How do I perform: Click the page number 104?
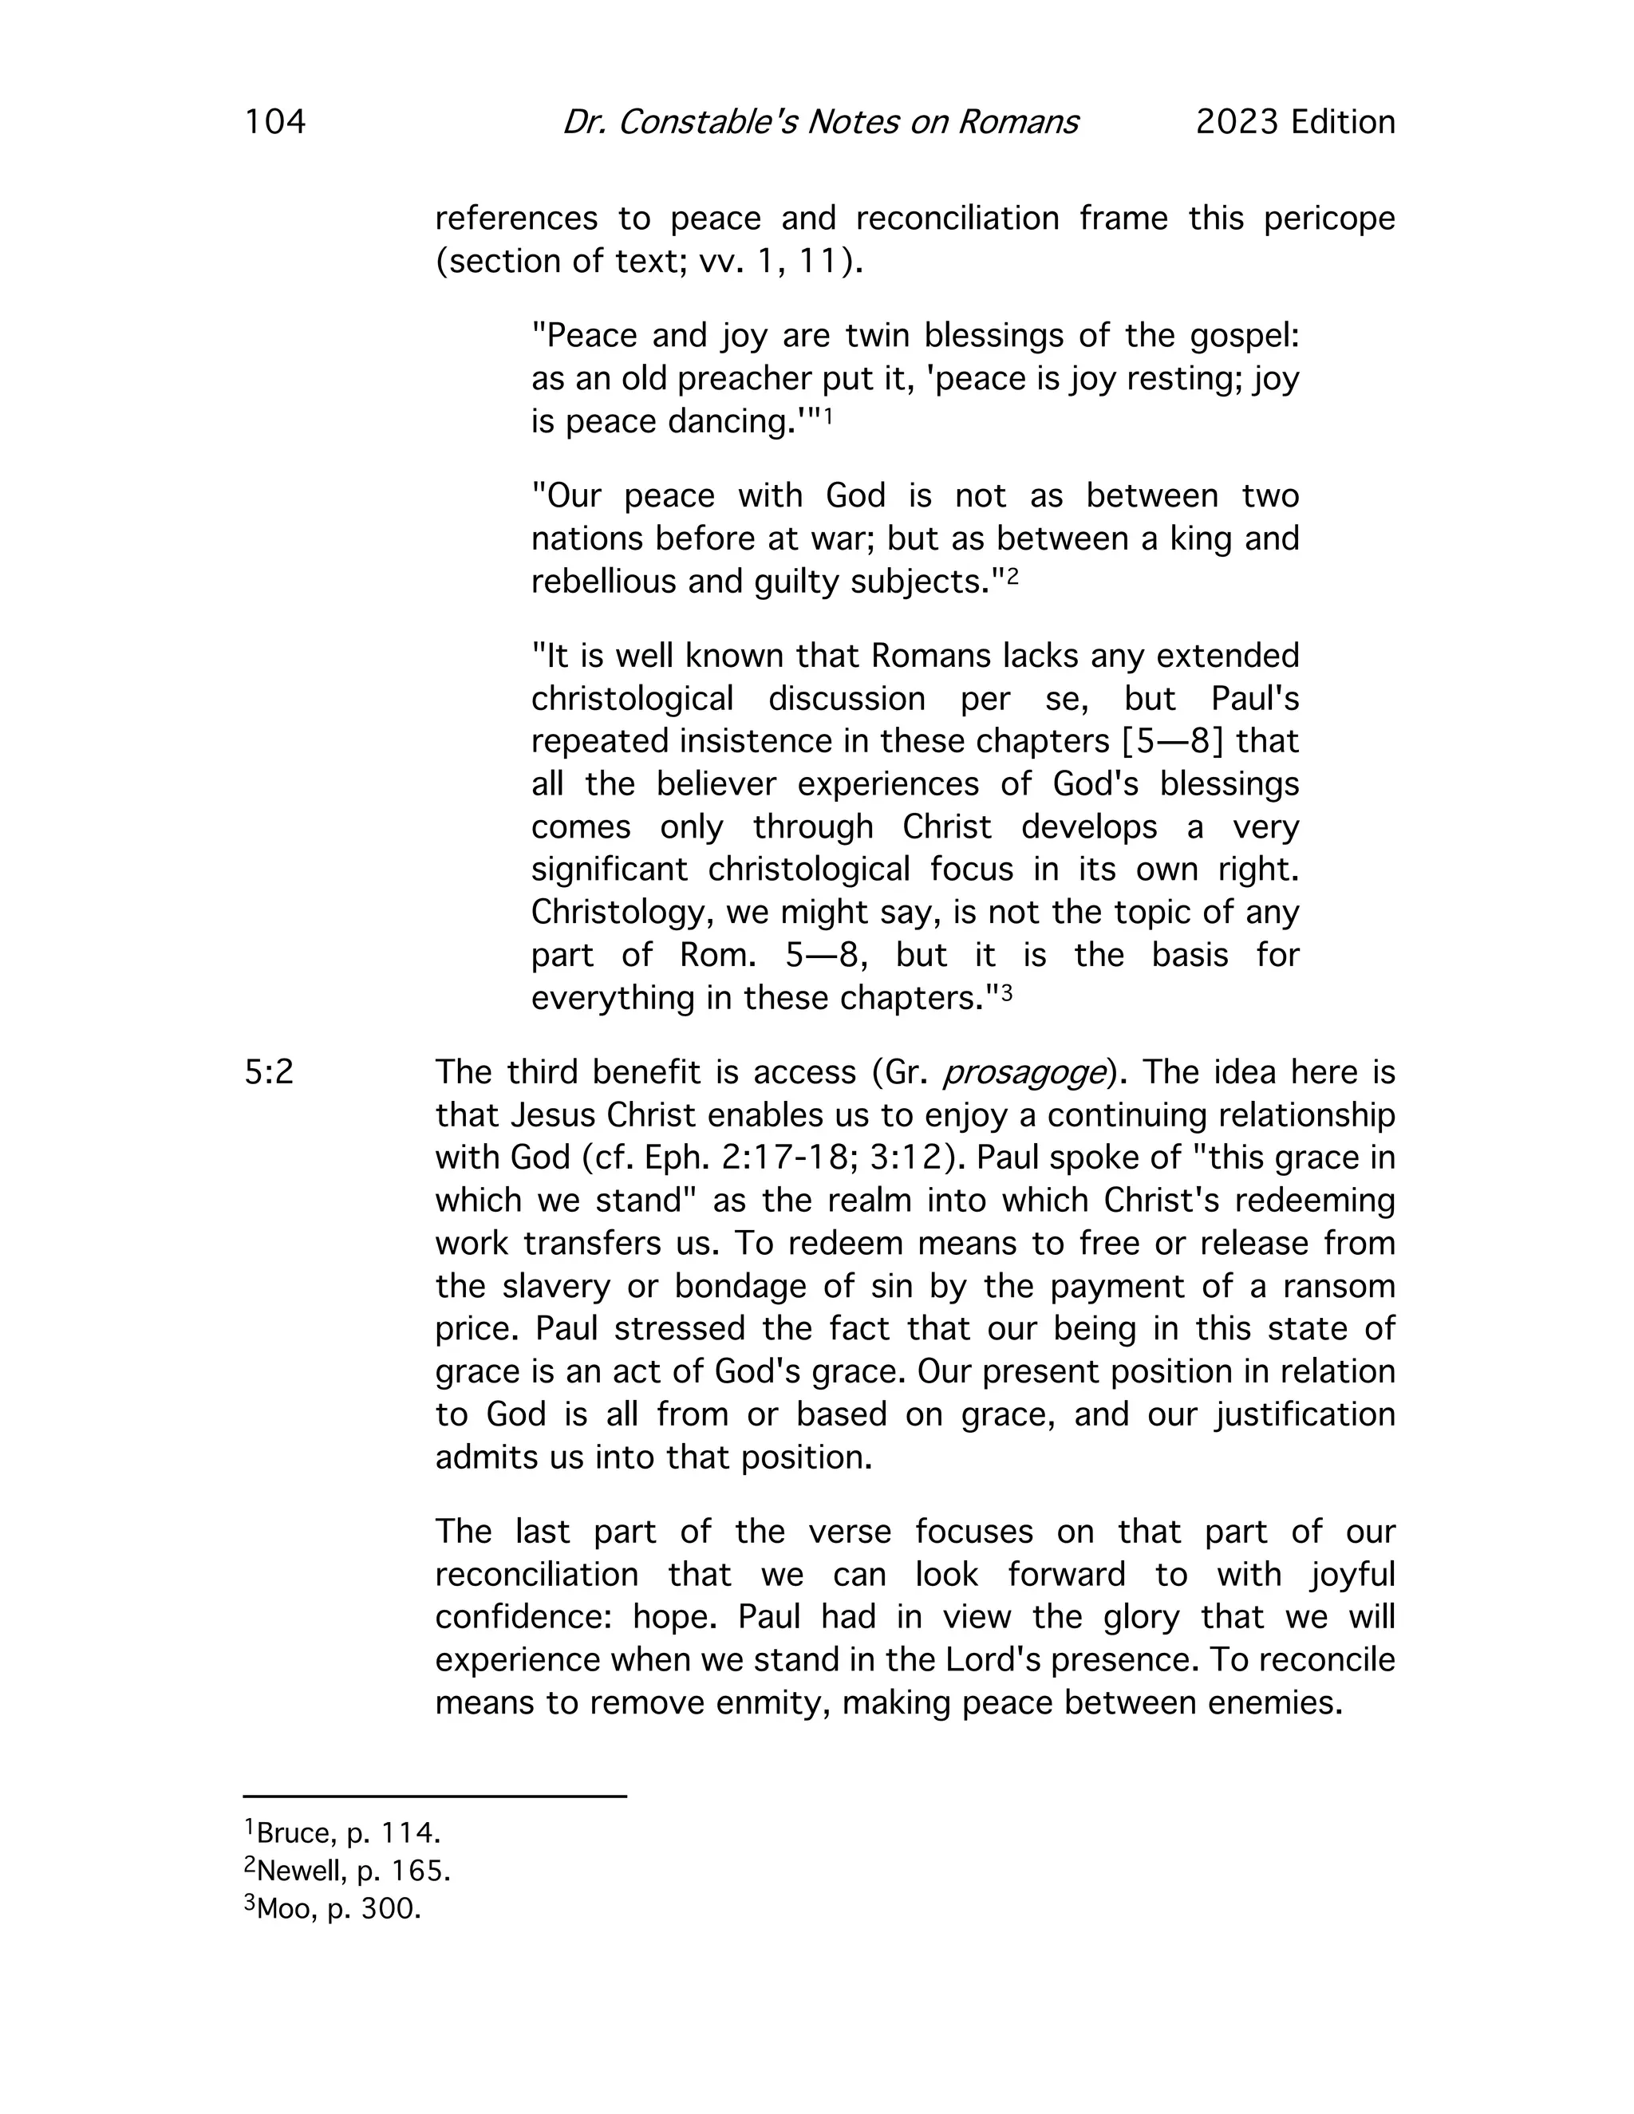[275, 122]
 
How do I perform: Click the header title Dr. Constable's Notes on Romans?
[820, 122]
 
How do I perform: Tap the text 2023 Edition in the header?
[1295, 122]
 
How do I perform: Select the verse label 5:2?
[269, 1072]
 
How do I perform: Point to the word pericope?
[1329, 219]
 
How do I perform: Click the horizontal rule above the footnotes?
[435, 1797]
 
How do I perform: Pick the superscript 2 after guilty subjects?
[1012, 576]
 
